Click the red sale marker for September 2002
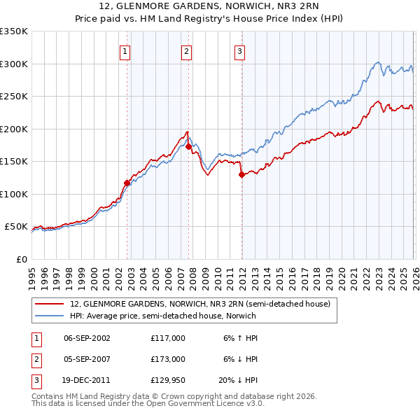click(x=127, y=183)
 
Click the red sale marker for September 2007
click(x=188, y=146)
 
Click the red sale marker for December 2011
click(x=241, y=175)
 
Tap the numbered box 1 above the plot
click(x=125, y=50)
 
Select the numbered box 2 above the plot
click(x=186, y=50)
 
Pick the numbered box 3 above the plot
click(x=239, y=50)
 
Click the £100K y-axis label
click(x=14, y=194)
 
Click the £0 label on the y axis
click(x=21, y=259)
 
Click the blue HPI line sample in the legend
click(x=50, y=316)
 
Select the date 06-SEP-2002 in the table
click(x=87, y=338)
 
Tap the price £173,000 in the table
click(x=168, y=358)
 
